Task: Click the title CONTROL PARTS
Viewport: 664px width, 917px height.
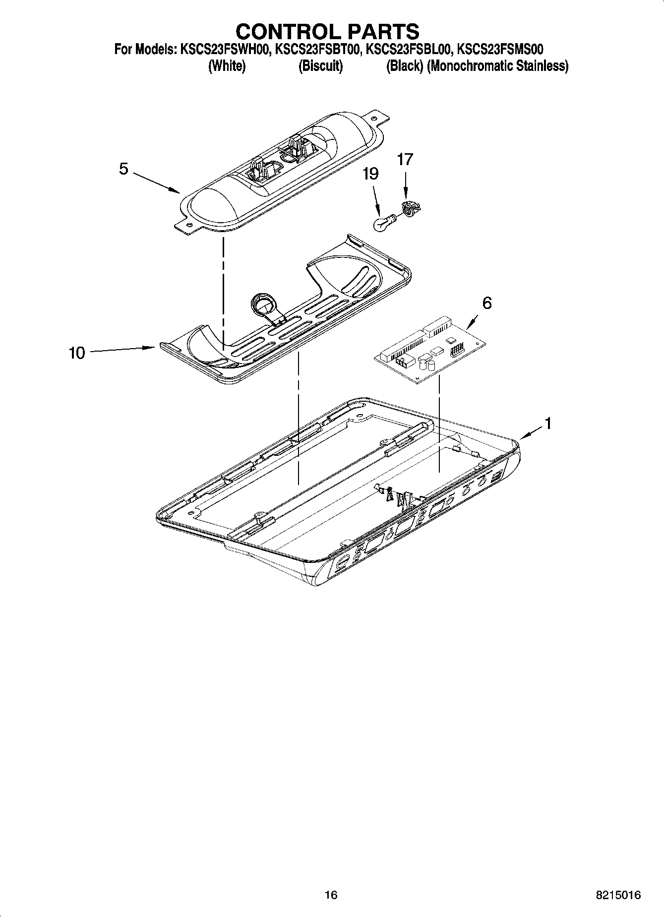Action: pyautogui.click(x=327, y=31)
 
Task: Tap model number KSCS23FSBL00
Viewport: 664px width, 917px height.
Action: pyautogui.click(x=408, y=50)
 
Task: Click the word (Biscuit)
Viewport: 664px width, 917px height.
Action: pyautogui.click(x=320, y=66)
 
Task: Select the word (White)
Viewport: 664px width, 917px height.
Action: pyautogui.click(x=227, y=66)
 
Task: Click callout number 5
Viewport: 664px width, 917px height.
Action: pyautogui.click(x=123, y=169)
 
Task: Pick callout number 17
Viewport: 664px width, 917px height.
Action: pyautogui.click(x=405, y=160)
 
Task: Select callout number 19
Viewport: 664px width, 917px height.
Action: pyautogui.click(x=370, y=174)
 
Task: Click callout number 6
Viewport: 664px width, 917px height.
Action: pyautogui.click(x=487, y=303)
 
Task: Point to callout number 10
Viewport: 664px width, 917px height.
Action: pyautogui.click(x=77, y=353)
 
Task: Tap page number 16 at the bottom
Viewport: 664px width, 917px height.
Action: pyautogui.click(x=331, y=895)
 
